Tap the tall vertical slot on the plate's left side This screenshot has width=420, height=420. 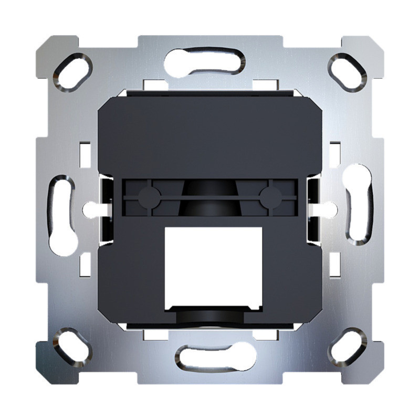[62, 215]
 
